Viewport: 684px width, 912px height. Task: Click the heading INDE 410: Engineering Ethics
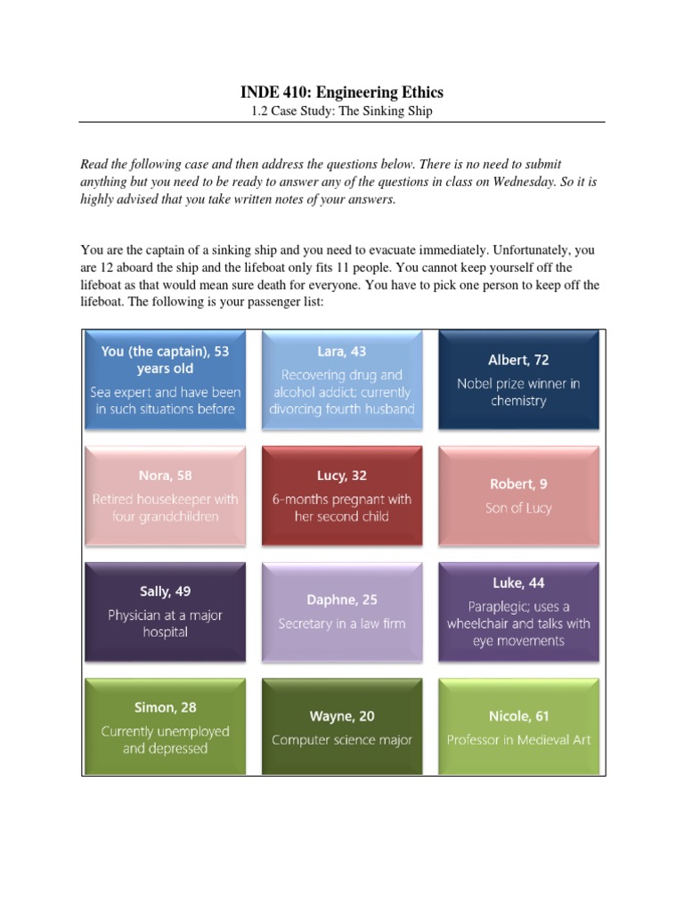(342, 92)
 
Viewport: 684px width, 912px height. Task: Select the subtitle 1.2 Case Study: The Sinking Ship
(342, 111)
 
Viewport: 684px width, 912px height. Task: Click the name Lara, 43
(341, 351)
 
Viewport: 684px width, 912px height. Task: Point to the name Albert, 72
(518, 360)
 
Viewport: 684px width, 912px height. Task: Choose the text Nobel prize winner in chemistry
(518, 392)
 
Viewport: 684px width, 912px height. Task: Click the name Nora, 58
(165, 476)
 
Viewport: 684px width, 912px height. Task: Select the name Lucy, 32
(341, 476)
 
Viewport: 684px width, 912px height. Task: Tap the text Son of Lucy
(518, 508)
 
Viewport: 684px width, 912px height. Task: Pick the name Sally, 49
(165, 591)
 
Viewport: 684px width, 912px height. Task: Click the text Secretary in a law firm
(341, 623)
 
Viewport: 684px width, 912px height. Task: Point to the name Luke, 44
(518, 583)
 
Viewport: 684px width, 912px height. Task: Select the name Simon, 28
(165, 707)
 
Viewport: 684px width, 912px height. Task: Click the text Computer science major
(341, 740)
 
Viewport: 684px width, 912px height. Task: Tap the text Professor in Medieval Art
(518, 740)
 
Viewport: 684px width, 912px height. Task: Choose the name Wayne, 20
(341, 715)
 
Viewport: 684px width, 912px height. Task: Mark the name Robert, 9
(518, 484)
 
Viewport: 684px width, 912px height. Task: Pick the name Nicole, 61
(518, 715)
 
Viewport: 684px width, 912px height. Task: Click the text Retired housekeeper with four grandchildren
(165, 508)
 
